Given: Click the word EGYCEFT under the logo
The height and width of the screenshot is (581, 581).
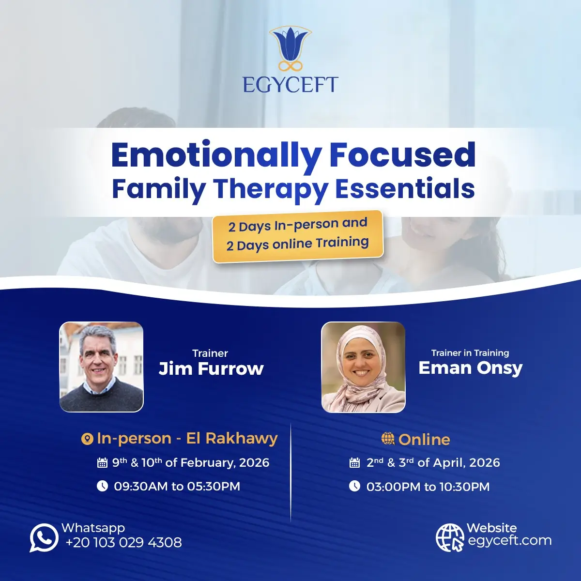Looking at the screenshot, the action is [x=290, y=85].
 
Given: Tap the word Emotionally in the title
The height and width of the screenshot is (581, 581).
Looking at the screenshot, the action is [x=216, y=156].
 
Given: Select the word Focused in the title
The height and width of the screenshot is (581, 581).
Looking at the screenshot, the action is [x=402, y=154].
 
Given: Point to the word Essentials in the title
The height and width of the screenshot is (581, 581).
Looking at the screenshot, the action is [x=405, y=189].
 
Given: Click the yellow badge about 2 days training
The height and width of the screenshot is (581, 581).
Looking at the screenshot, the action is [x=298, y=236].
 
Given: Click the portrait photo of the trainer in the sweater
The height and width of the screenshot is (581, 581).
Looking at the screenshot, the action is [x=101, y=367].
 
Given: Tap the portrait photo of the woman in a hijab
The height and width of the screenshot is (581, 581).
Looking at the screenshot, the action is [x=363, y=367].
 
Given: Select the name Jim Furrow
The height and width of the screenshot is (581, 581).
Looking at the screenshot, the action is [x=211, y=368].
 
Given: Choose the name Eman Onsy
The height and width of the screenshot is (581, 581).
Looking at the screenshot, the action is [x=470, y=368].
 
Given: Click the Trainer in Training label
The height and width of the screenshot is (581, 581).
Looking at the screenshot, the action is [x=470, y=353].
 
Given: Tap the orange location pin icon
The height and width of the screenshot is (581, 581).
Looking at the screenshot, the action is [x=87, y=439].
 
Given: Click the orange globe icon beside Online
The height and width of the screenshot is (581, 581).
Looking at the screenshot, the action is [x=388, y=438].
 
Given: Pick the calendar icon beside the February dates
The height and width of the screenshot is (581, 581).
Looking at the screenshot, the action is [x=102, y=462].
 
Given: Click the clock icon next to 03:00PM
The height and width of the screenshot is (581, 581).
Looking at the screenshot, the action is [x=354, y=486].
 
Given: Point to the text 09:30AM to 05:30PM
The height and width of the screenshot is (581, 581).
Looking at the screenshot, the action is [x=177, y=486].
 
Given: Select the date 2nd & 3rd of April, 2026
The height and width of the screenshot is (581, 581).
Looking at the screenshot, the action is [x=433, y=462].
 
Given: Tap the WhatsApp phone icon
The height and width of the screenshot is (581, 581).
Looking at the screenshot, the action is [x=44, y=537].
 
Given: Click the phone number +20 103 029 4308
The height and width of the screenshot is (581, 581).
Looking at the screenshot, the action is [x=123, y=542].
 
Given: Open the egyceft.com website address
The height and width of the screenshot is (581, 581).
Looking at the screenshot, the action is [x=509, y=540].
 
